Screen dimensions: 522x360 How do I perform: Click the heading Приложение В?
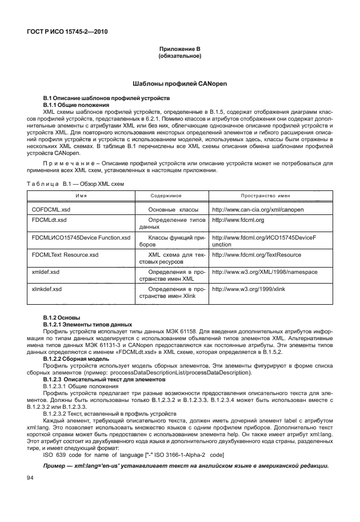pyautogui.click(x=180, y=50)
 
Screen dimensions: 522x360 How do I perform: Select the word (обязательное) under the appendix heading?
pyautogui.click(x=180, y=57)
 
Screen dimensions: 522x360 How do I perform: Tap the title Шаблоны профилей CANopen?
pyautogui.click(x=180, y=83)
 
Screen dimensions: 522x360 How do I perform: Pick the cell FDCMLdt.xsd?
pyautogui.click(x=49, y=220)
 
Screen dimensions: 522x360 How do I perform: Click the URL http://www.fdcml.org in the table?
pyautogui.click(x=237, y=220)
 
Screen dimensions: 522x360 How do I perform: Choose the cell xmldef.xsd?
pyautogui.click(x=46, y=272)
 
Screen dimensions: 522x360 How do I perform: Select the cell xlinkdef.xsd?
pyautogui.click(x=47, y=290)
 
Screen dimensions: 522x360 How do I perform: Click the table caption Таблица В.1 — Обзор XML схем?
pyautogui.click(x=74, y=183)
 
